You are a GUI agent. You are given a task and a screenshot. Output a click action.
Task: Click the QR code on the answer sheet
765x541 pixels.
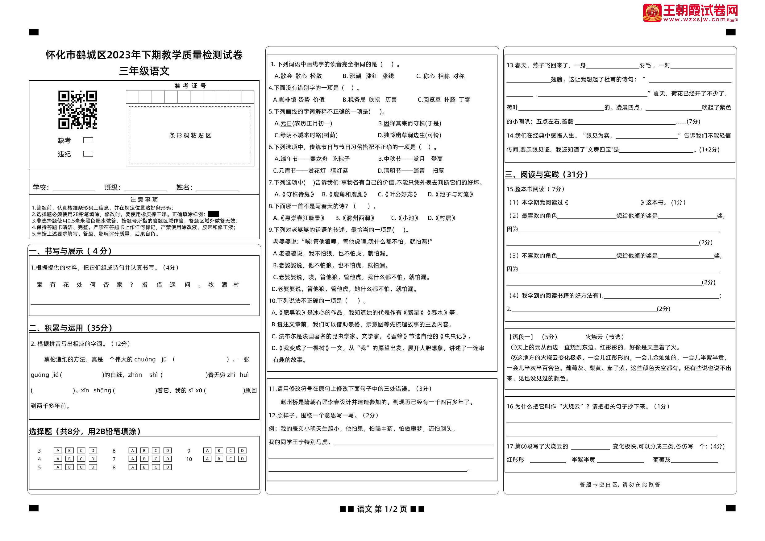point(77,109)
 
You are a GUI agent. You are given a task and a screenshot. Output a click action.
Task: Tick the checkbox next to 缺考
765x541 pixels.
point(88,140)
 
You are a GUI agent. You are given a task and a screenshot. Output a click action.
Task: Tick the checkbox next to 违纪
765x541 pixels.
point(88,154)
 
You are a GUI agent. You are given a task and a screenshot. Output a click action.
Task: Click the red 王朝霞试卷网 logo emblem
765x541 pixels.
point(652,13)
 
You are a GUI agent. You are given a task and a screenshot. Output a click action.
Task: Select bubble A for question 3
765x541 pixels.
point(58,450)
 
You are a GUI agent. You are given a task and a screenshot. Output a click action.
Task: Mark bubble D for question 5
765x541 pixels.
point(93,467)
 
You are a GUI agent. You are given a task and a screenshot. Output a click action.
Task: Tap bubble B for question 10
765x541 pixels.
point(219,459)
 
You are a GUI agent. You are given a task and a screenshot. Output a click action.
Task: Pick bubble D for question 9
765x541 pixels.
point(242,450)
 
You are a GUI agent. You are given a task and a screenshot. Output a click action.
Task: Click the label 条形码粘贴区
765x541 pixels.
point(190,135)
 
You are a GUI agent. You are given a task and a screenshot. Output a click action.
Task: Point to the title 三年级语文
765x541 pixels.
point(144,71)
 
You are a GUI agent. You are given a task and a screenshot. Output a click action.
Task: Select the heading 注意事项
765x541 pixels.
point(144,200)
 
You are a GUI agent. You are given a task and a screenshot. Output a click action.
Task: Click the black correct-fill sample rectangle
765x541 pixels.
point(213,214)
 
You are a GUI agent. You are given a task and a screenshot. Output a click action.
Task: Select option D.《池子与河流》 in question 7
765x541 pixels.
point(450,194)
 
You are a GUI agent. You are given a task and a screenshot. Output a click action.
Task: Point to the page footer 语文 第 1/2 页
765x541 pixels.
point(382,509)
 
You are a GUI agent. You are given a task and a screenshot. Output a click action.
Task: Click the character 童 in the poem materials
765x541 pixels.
point(40,284)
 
